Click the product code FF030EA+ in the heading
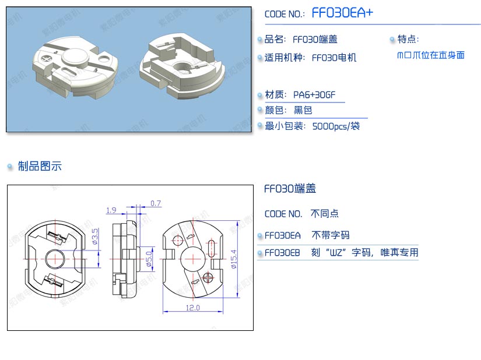[342, 13]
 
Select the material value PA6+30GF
[314, 95]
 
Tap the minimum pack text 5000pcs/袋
[336, 126]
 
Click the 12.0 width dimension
[192, 308]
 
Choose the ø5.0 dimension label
[149, 257]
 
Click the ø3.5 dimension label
[96, 236]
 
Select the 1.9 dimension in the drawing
[111, 210]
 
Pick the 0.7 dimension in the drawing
[156, 203]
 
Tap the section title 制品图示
[40, 167]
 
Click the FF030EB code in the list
[283, 253]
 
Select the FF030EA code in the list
[283, 235]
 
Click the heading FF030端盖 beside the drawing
[290, 189]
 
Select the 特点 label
[408, 39]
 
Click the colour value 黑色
[303, 110]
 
